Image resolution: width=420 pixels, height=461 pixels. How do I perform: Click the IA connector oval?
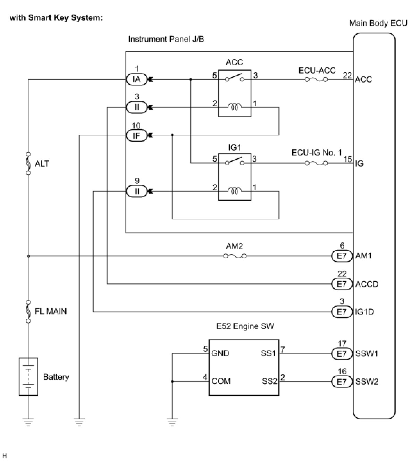pyautogui.click(x=136, y=79)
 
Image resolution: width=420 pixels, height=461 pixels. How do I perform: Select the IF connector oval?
pyautogui.click(x=136, y=135)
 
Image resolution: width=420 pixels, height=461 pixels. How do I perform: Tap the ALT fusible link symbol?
pyautogui.click(x=28, y=164)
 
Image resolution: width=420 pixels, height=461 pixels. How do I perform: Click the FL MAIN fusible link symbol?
pyautogui.click(x=28, y=311)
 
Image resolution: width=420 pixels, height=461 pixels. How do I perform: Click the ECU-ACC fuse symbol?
pyautogui.click(x=316, y=79)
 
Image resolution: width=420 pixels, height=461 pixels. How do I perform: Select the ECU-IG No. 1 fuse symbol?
pyautogui.click(x=316, y=163)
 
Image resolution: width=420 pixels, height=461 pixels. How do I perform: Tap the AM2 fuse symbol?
pyautogui.click(x=235, y=256)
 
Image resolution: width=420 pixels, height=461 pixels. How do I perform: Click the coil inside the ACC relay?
pyautogui.click(x=235, y=107)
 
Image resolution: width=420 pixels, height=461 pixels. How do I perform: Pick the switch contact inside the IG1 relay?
pyautogui.click(x=235, y=161)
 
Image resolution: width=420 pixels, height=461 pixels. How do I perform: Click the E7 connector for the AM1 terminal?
pyautogui.click(x=342, y=256)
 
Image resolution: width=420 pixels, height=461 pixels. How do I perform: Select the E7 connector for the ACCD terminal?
pyautogui.click(x=342, y=284)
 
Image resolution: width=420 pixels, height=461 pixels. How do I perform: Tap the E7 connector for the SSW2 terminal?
pyautogui.click(x=342, y=382)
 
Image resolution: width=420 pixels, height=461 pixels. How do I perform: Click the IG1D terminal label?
pyautogui.click(x=364, y=312)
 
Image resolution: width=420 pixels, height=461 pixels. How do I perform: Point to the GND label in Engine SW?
pyautogui.click(x=220, y=353)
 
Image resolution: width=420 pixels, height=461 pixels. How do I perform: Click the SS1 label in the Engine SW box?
pyautogui.click(x=268, y=353)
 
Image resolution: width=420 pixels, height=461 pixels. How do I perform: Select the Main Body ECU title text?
pyautogui.click(x=378, y=23)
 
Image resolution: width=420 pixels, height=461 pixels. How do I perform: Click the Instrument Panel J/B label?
pyautogui.click(x=166, y=39)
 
